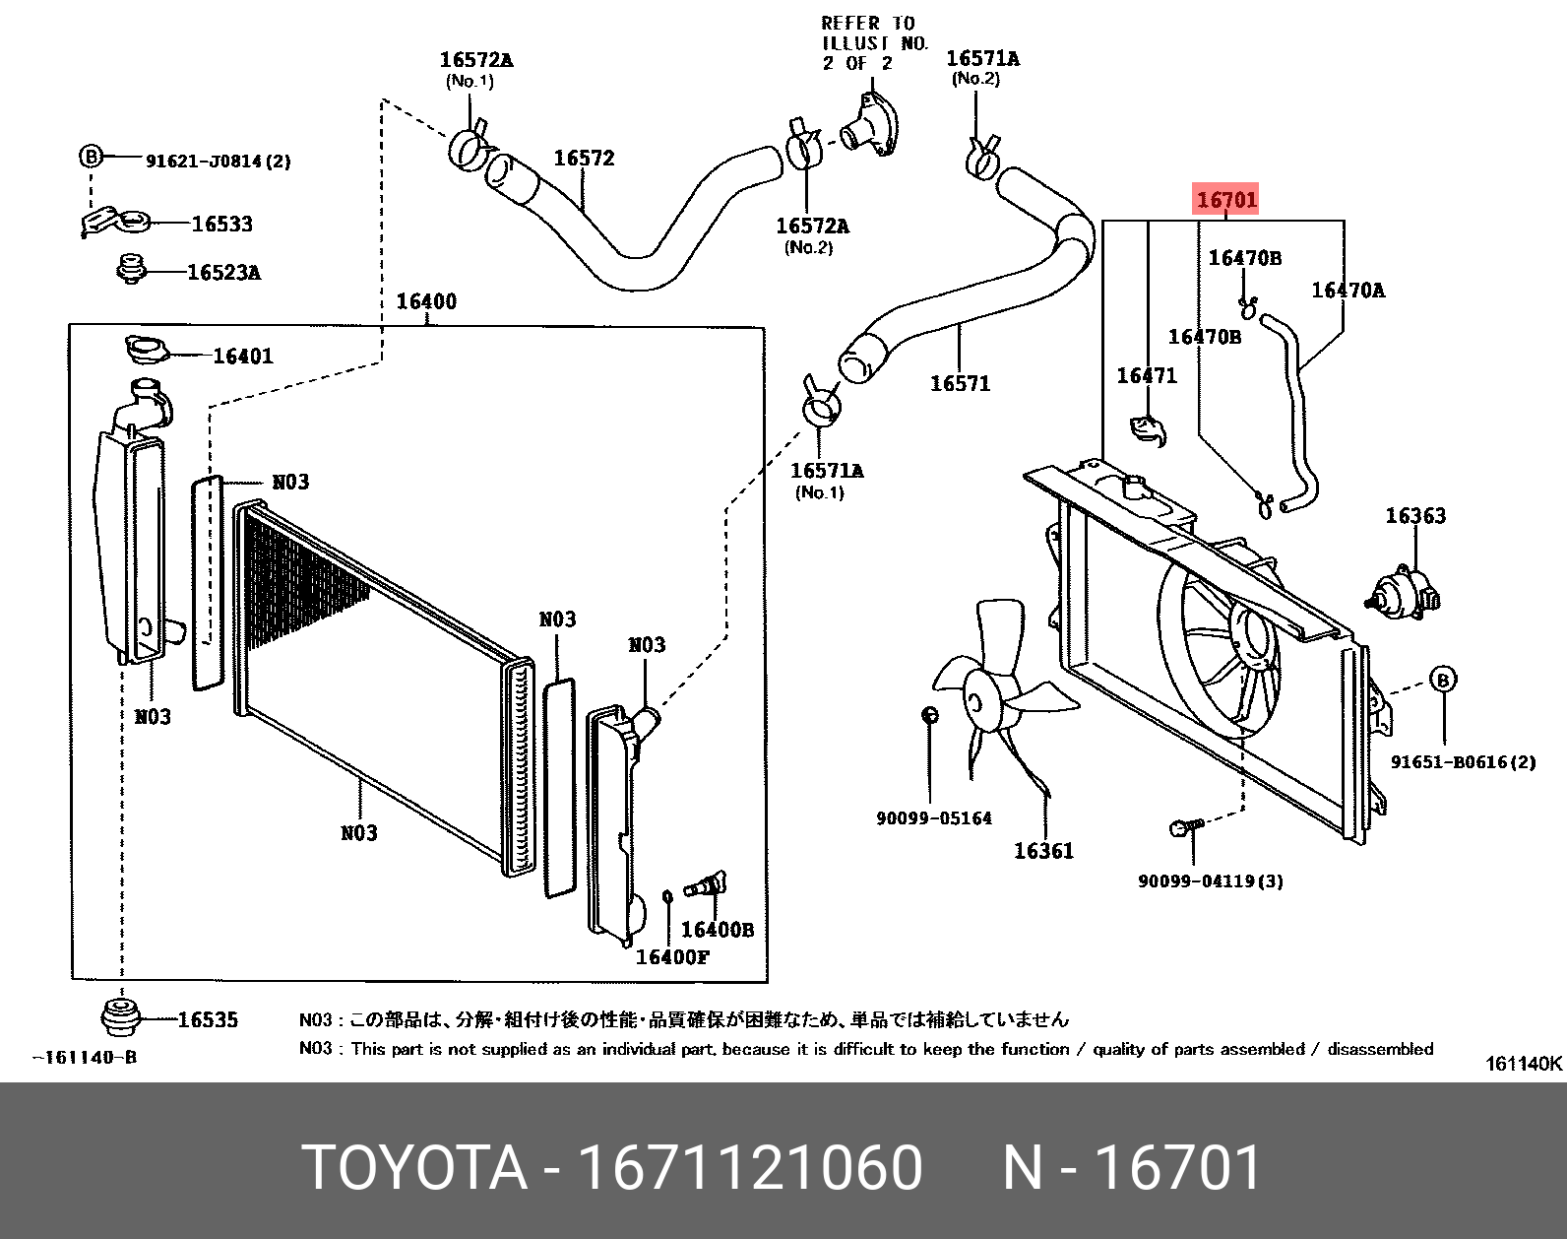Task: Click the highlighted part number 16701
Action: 1226,200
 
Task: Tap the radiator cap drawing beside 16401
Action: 146,348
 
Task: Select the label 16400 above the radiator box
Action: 426,301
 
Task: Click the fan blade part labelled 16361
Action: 998,689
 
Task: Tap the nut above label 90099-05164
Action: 929,715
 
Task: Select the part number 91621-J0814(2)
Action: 218,161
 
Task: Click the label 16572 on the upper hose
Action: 584,159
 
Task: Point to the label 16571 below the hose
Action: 960,383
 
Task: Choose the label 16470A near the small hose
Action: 1348,290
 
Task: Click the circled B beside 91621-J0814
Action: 91,156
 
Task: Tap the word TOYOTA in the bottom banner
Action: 413,1168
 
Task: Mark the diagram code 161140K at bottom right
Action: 1523,1064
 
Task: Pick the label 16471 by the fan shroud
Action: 1147,375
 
